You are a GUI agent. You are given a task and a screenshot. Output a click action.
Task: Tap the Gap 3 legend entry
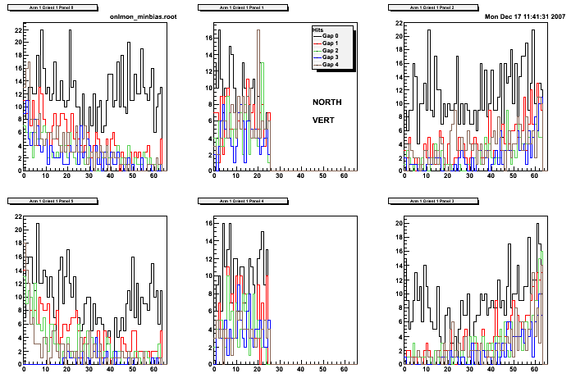click(x=331, y=57)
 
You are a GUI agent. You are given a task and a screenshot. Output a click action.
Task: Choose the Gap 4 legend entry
click(x=331, y=64)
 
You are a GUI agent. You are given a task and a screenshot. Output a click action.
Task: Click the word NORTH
click(x=327, y=102)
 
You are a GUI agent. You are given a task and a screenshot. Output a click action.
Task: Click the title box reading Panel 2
click(x=428, y=7)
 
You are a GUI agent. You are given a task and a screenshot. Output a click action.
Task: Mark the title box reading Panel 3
click(x=428, y=200)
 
